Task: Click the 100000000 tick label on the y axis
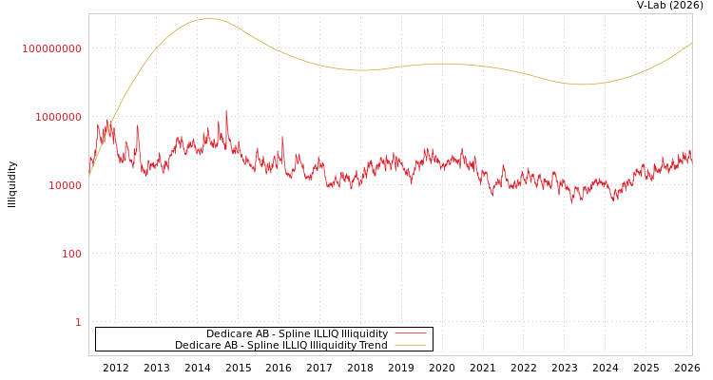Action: tap(51, 48)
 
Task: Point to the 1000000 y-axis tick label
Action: tap(58, 117)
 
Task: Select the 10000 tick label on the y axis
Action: tap(65, 185)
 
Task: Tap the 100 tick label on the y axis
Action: tap(72, 254)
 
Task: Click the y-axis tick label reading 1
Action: tap(78, 322)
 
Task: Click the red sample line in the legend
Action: tap(410, 333)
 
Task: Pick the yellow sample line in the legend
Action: tap(410, 345)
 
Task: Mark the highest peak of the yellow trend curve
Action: tap(208, 18)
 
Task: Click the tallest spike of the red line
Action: tap(226, 112)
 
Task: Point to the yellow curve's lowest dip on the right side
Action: tap(582, 85)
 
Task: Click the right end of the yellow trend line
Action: tap(691, 43)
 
